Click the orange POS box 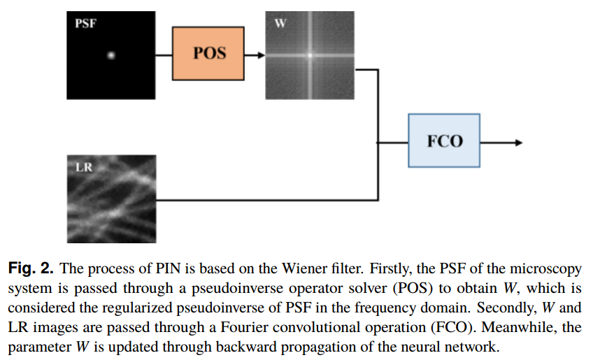(x=209, y=53)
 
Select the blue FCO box (x=444, y=141)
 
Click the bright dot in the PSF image (x=110, y=55)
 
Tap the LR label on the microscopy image (x=83, y=168)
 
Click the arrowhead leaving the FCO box (x=518, y=142)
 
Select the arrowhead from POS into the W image (x=261, y=54)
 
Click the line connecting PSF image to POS (x=164, y=54)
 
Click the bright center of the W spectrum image (x=308, y=54)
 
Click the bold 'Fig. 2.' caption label (x=30, y=268)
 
